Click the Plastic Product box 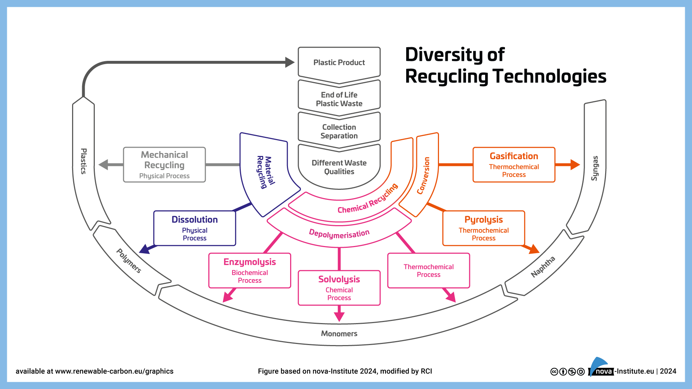coord(339,63)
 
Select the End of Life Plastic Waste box coord(339,99)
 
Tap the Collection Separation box coord(339,131)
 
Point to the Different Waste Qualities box coord(339,167)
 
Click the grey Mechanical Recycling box coord(164,165)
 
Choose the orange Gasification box coord(514,165)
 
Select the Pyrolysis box coord(483,228)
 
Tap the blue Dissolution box coord(195,228)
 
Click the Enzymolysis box coord(249,270)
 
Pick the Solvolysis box coord(339,288)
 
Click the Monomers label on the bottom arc coord(339,334)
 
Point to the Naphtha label coord(543,267)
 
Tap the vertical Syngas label coord(595,168)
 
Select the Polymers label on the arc coord(129,261)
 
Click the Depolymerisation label coord(339,234)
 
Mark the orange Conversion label coord(423,175)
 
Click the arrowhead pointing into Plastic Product coord(289,62)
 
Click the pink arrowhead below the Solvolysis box coord(339,316)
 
